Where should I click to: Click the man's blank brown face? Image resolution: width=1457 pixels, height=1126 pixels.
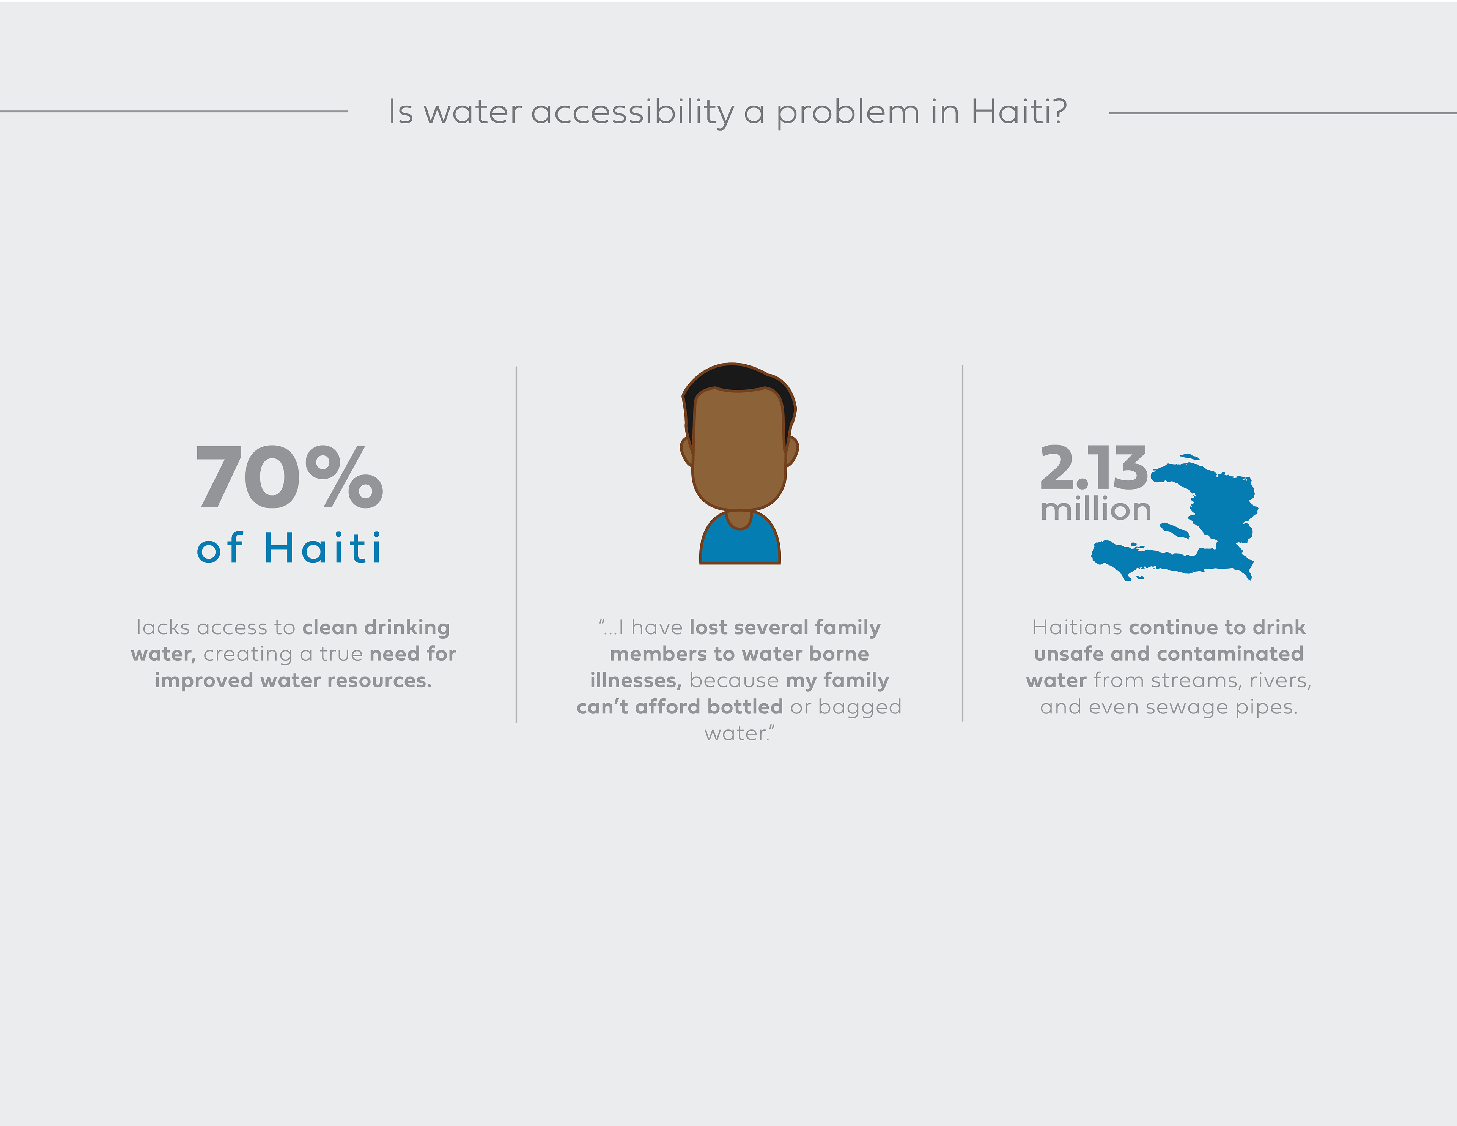pos(739,447)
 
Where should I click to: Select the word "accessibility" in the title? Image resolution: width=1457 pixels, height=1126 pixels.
pos(633,112)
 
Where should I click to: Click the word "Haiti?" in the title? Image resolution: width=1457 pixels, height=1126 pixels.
pos(1019,112)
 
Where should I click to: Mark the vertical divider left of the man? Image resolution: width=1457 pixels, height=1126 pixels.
pos(516,544)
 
